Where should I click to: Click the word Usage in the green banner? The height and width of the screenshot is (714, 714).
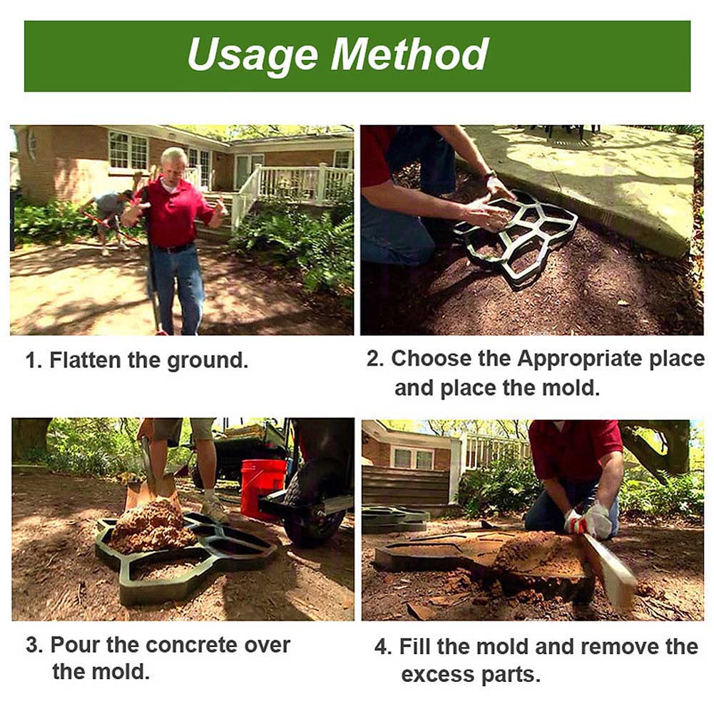click(253, 56)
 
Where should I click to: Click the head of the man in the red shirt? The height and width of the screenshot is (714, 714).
click(173, 163)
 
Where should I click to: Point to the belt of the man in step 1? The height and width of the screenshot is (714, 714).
click(172, 248)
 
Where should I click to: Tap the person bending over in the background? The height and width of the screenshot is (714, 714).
click(111, 211)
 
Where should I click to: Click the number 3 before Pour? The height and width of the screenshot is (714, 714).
click(33, 645)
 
